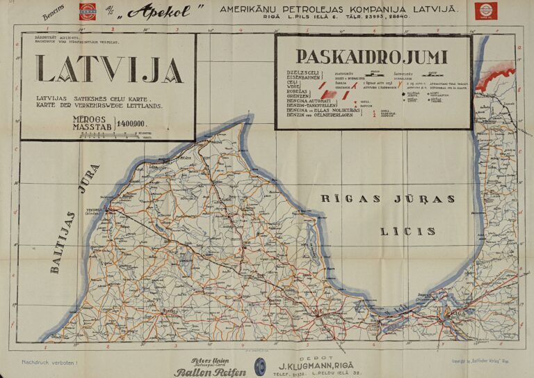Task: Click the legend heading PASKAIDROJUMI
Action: pos(371,56)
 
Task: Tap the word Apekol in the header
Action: pos(164,11)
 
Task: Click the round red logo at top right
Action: pos(485,10)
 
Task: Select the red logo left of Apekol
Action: pos(88,11)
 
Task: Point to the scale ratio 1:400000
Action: pos(136,124)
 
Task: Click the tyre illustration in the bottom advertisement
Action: pos(260,366)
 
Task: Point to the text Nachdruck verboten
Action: pos(50,363)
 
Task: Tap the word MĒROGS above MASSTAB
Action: pos(91,119)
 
